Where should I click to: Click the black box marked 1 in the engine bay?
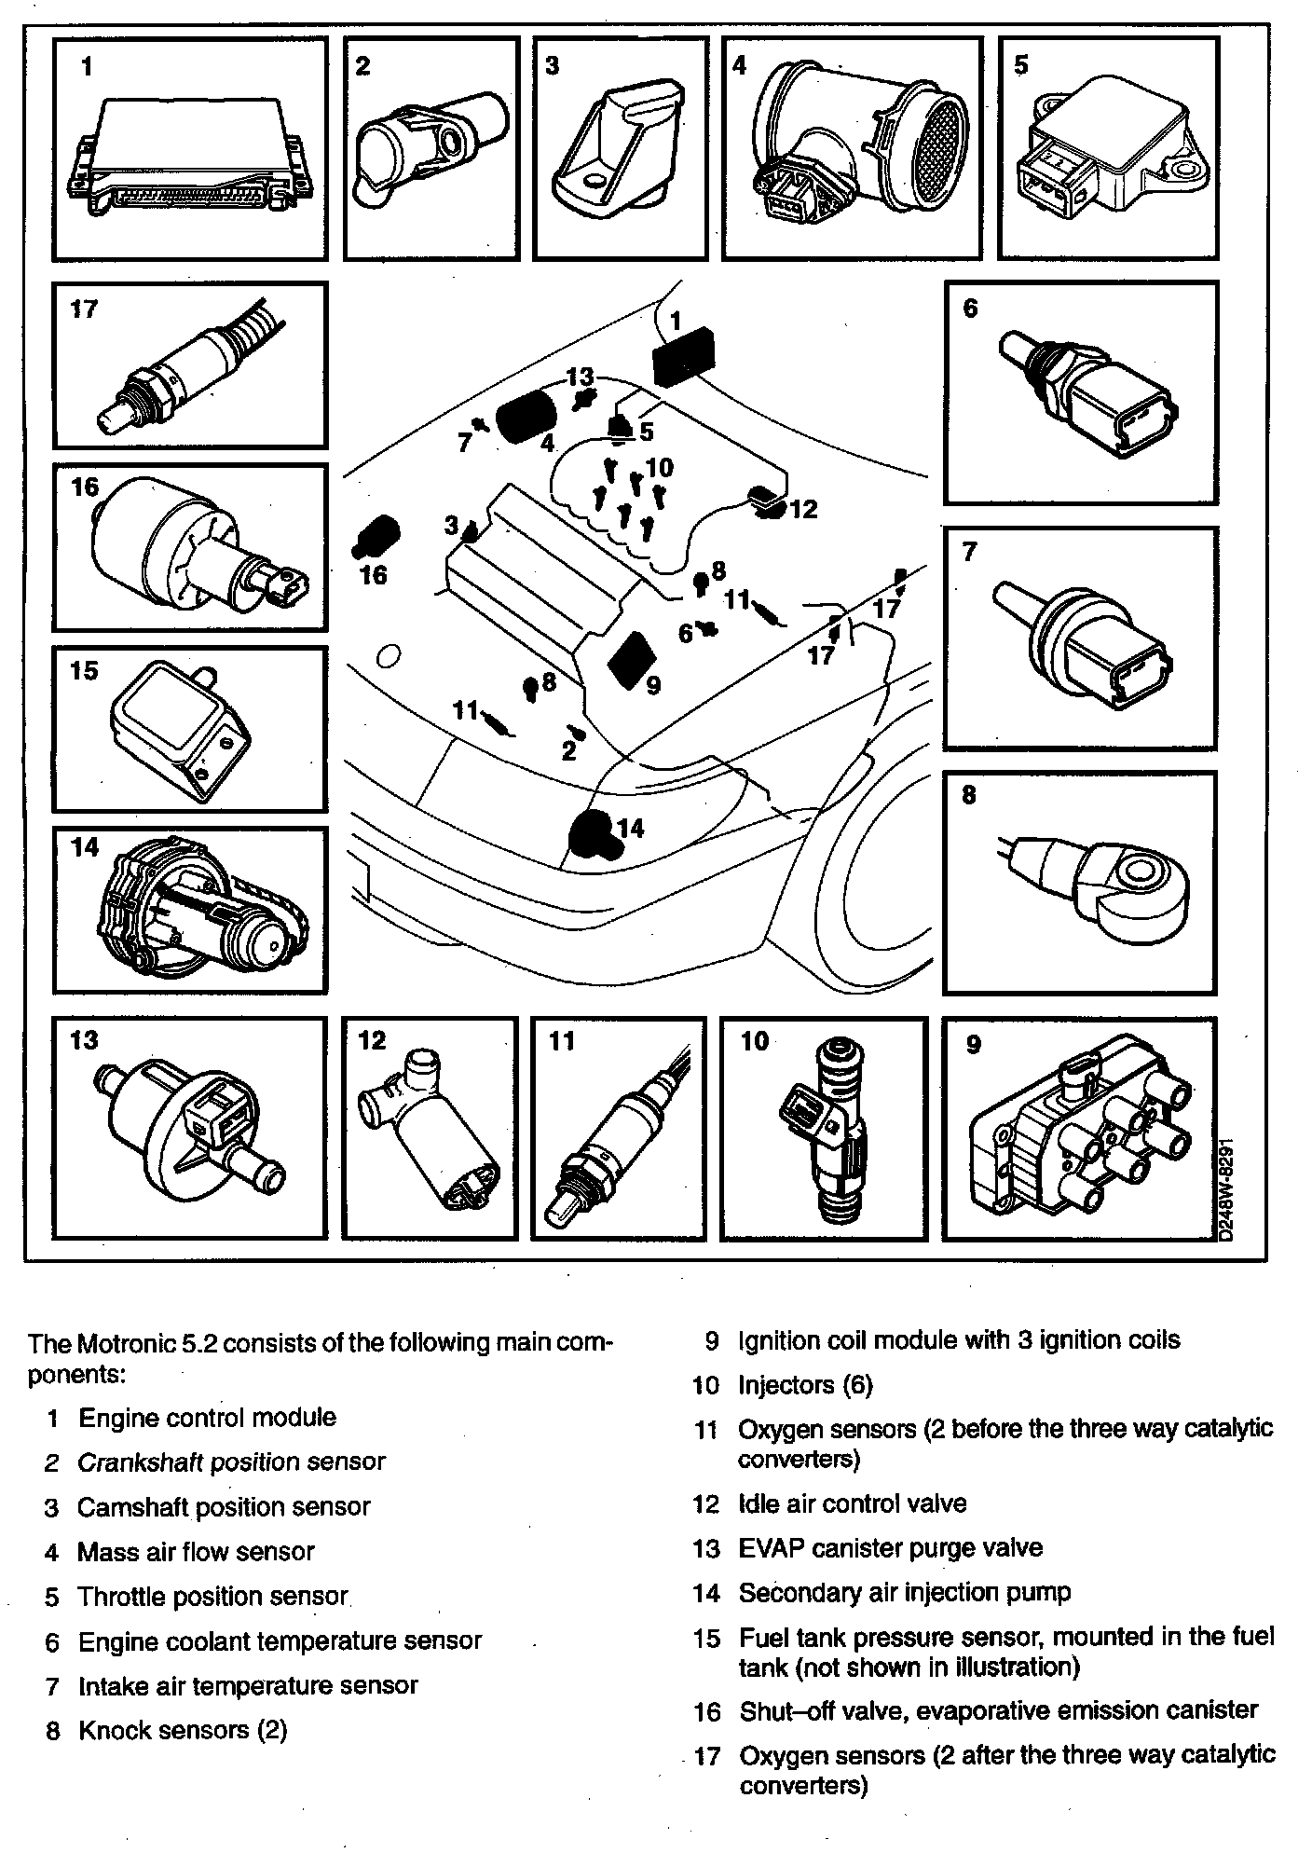(683, 357)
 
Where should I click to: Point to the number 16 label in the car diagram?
(373, 575)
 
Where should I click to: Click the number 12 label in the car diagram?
(803, 509)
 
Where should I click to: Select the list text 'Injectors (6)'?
(805, 1385)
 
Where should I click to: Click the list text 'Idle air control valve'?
(852, 1503)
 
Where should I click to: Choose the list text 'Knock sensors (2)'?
(182, 1731)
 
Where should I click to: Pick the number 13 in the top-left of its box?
(85, 1039)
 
